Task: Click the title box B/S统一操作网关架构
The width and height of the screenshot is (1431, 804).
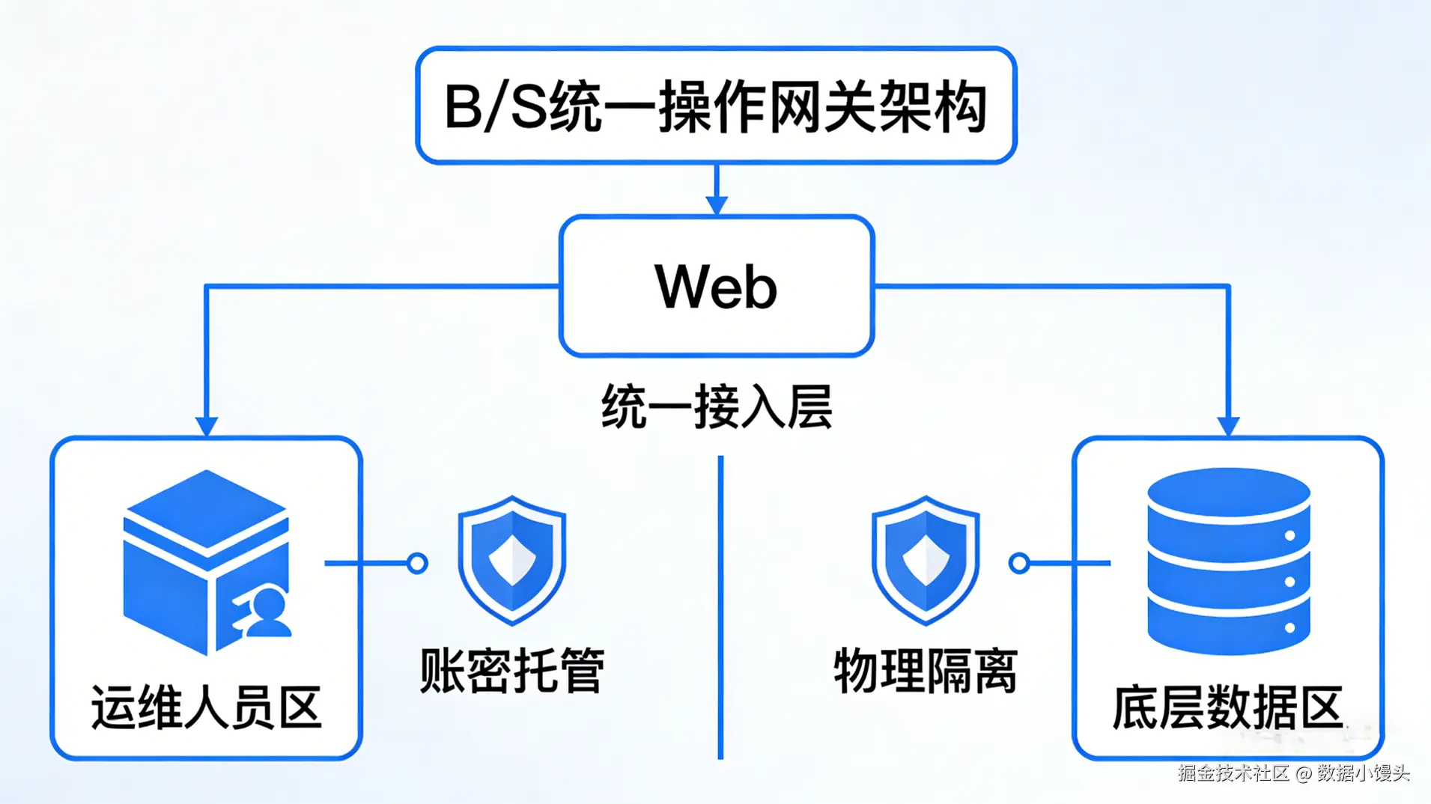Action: click(716, 106)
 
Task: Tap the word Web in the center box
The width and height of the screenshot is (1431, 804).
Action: click(716, 287)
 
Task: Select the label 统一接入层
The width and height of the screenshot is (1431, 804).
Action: click(716, 406)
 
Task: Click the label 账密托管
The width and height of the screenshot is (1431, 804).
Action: click(511, 670)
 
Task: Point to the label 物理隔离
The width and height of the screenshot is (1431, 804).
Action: click(926, 670)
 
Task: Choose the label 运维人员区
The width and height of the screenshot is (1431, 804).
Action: click(206, 707)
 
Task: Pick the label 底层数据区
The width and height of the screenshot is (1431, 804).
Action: click(1227, 707)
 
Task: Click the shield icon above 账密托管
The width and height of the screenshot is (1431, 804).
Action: click(511, 559)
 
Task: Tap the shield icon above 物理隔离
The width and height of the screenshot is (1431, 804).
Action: click(926, 559)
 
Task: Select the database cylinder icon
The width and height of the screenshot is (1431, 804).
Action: click(1228, 561)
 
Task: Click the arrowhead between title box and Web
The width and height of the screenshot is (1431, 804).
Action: click(717, 204)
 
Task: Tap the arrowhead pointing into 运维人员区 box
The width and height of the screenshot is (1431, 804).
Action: click(206, 425)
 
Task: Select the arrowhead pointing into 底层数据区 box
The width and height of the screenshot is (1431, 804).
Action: click(1228, 425)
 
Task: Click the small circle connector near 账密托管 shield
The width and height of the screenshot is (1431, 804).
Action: click(417, 563)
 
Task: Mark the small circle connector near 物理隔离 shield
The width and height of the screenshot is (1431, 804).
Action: click(1019, 563)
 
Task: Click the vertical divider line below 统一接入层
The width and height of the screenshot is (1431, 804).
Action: click(720, 606)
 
